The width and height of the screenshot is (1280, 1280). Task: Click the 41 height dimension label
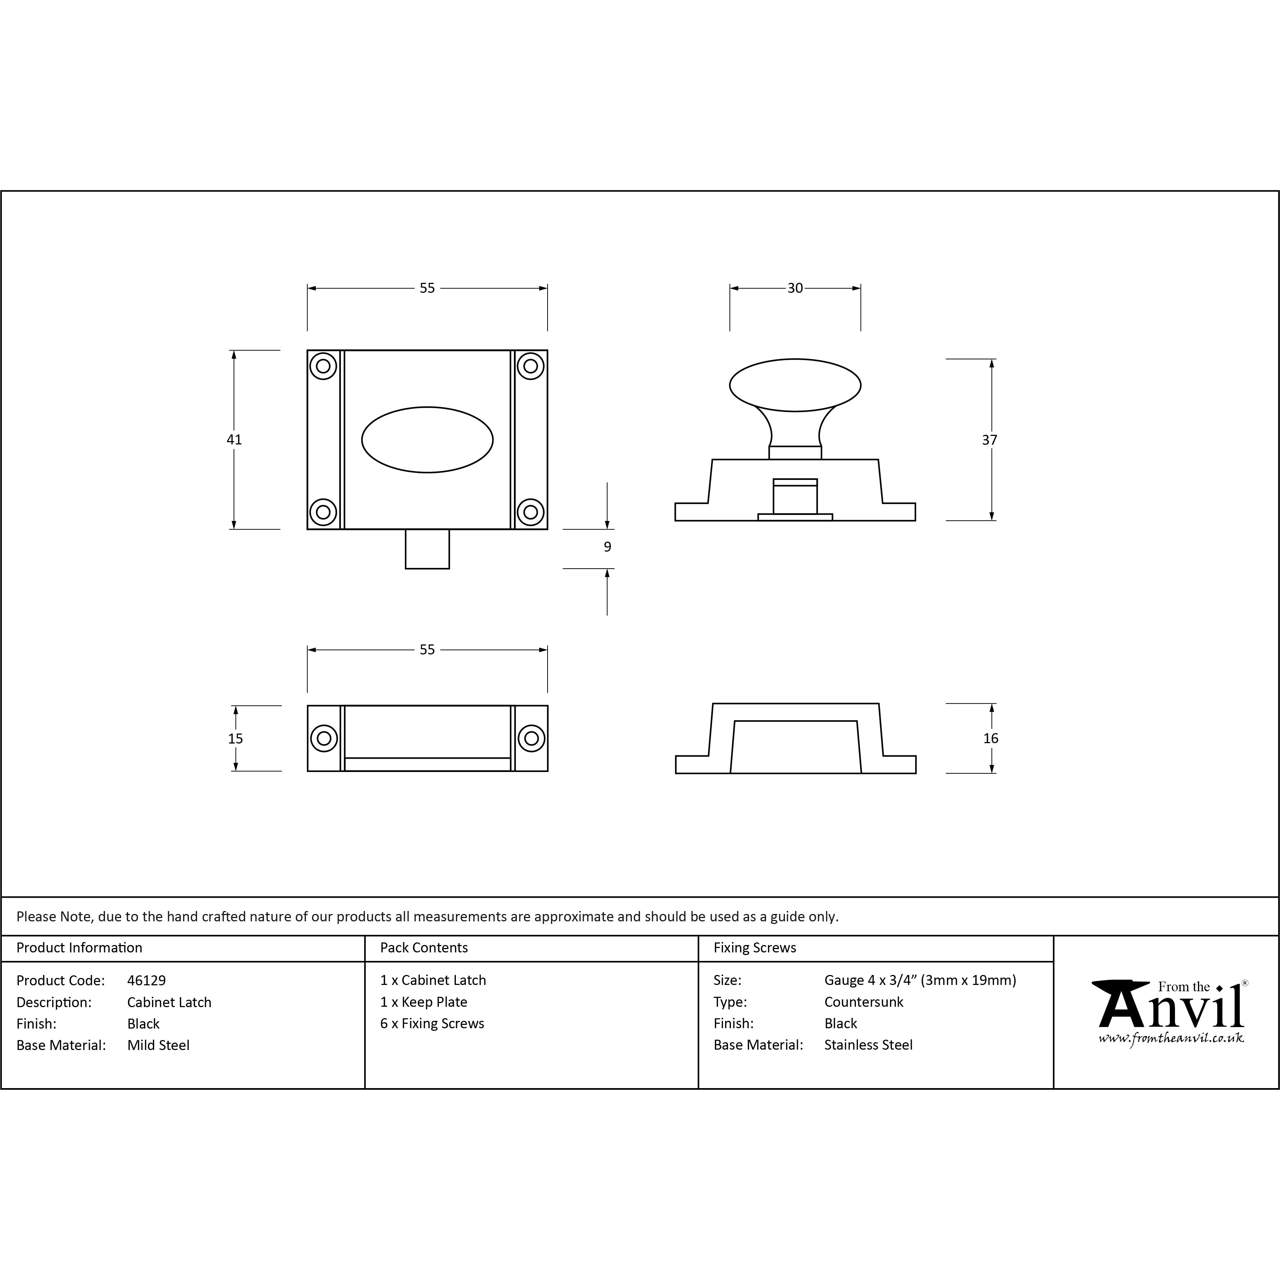[234, 439]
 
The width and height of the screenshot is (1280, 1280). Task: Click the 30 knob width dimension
[795, 288]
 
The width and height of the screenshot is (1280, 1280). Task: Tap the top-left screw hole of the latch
[323, 366]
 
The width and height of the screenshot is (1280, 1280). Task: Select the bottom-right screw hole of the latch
[531, 511]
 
